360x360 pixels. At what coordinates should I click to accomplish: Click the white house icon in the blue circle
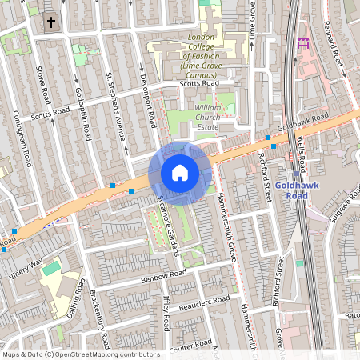coord(180,173)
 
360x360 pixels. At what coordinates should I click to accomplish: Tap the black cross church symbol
coord(52,22)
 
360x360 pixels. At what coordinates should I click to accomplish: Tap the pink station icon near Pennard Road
coord(302,42)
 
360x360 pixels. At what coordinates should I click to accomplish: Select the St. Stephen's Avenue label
coord(117,107)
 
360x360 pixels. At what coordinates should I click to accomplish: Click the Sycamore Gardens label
coord(166,227)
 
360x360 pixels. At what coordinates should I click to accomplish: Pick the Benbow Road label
coord(162,277)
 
